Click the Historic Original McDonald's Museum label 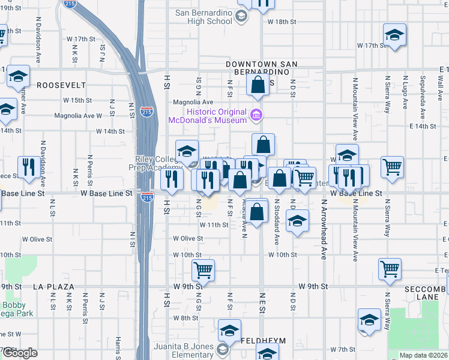[217, 116]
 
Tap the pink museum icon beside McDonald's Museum [256, 115]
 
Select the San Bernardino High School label [203, 17]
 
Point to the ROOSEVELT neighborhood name [61, 85]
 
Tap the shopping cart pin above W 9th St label [203, 271]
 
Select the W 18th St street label [285, 22]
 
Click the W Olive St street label [187, 238]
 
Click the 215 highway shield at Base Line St [146, 197]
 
